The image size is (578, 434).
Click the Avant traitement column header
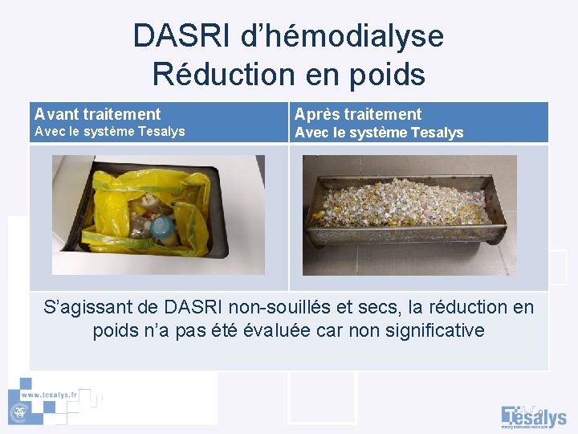click(x=97, y=114)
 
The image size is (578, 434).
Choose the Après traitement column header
click(x=358, y=114)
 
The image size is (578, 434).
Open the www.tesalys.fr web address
click(x=50, y=395)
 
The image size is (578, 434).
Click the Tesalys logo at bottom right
click(x=534, y=416)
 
